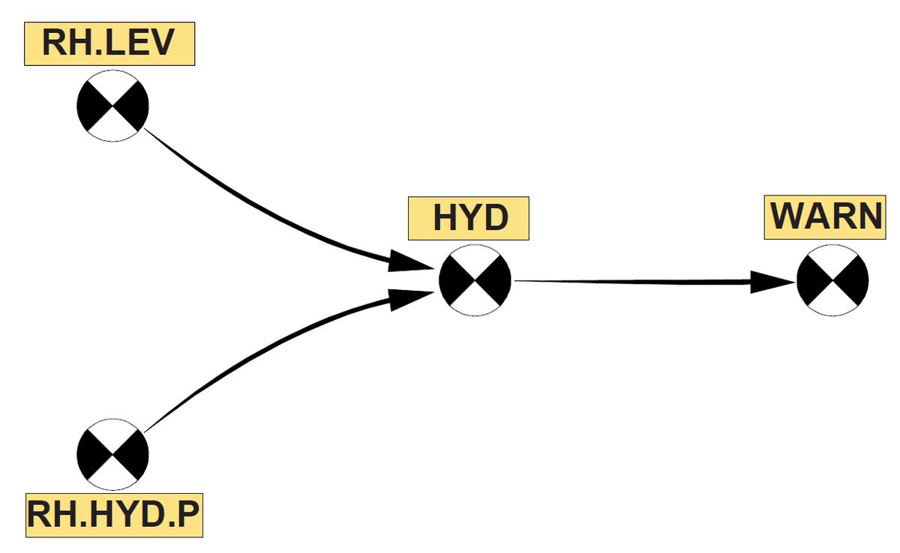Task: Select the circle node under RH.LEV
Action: (x=112, y=106)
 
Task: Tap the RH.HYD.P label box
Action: (x=115, y=516)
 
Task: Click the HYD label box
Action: (x=469, y=218)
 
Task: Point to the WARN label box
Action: (x=826, y=217)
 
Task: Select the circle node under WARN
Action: (x=832, y=280)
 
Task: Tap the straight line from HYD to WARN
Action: (x=630, y=282)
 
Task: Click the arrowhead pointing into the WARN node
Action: (x=772, y=282)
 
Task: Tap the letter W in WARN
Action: (x=789, y=217)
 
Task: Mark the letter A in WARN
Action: (x=817, y=217)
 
